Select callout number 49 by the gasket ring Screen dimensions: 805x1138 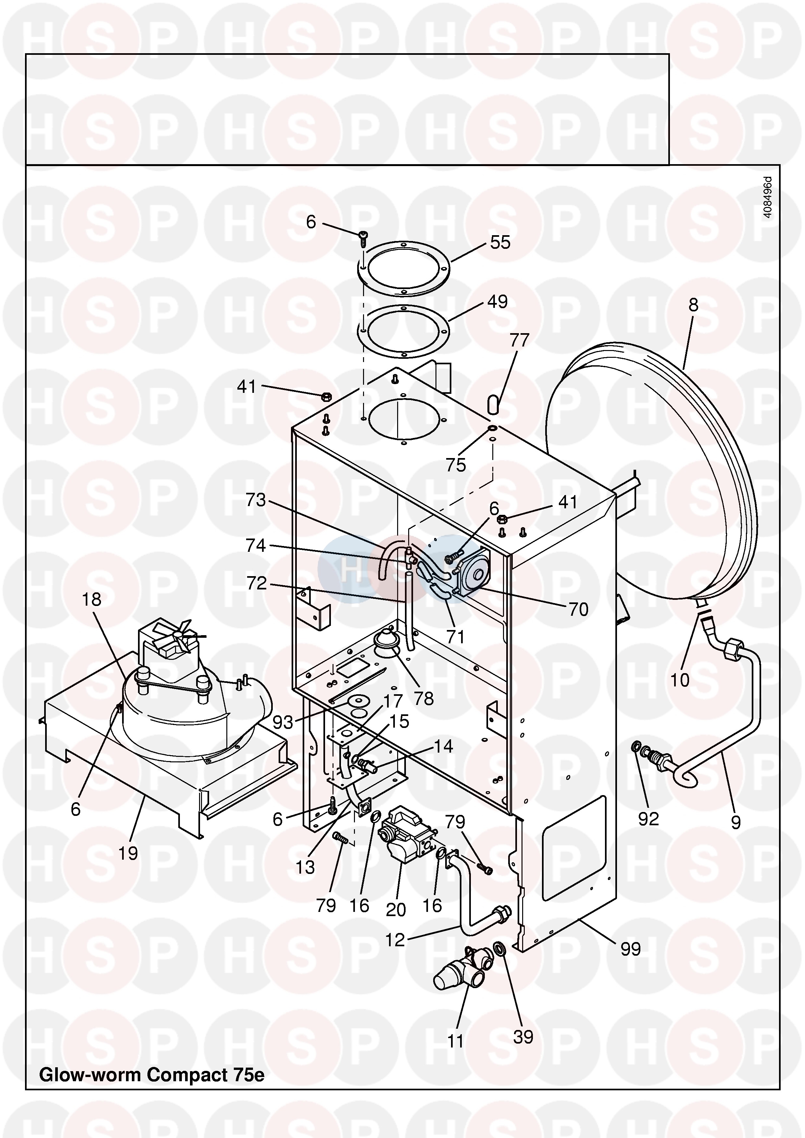pyautogui.click(x=497, y=302)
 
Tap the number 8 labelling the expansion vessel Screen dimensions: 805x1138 pyautogui.click(x=693, y=305)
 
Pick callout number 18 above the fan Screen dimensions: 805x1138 pyautogui.click(x=91, y=600)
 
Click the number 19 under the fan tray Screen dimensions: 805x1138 pyautogui.click(x=128, y=853)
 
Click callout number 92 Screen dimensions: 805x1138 pyautogui.click(x=648, y=819)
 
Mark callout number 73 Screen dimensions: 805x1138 pyautogui.click(x=256, y=500)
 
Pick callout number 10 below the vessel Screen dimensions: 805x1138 pyautogui.click(x=680, y=680)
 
